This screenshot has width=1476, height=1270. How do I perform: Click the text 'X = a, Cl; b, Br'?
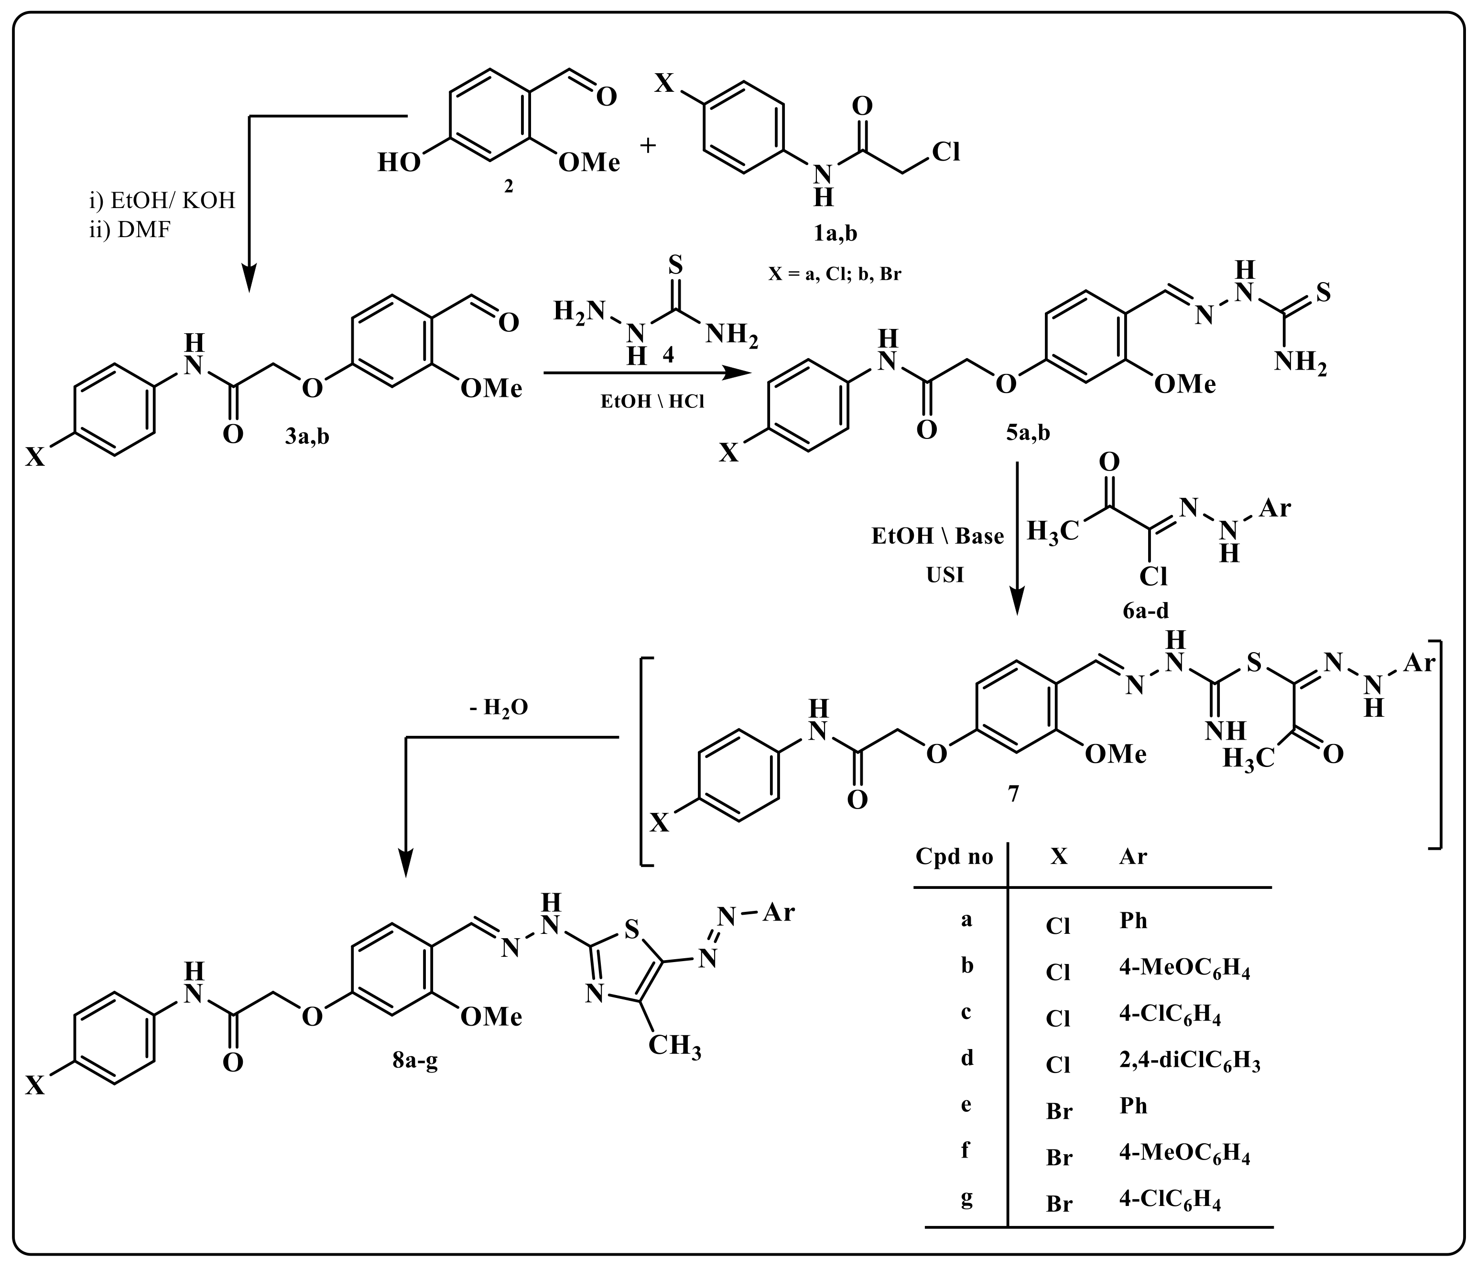(x=834, y=274)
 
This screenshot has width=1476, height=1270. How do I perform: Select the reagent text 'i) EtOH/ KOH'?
(x=163, y=201)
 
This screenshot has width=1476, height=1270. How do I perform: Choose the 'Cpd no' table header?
(x=954, y=857)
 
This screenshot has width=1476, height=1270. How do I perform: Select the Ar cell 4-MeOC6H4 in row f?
(x=1184, y=1155)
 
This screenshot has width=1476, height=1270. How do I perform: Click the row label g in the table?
(x=966, y=1199)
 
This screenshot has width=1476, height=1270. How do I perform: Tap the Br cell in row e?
(x=1059, y=1110)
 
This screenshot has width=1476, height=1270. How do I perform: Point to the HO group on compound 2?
(x=399, y=163)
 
